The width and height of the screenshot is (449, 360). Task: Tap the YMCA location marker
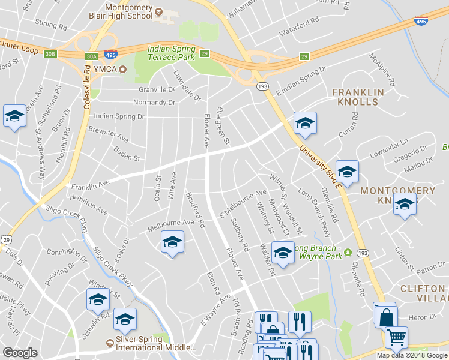pyautogui.click(x=124, y=70)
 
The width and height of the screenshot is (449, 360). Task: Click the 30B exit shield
pyautogui.click(x=50, y=54)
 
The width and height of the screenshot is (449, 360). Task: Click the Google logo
pyautogui.click(x=20, y=353)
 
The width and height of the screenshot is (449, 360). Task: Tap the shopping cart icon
pyautogui.click(x=396, y=338)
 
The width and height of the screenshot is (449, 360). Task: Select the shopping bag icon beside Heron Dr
pyautogui.click(x=387, y=316)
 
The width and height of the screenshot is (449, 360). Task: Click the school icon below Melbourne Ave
pyautogui.click(x=172, y=242)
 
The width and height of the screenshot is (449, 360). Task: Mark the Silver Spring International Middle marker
pyautogui.click(x=110, y=343)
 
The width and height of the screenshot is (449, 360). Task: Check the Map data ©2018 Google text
pyautogui.click(x=412, y=355)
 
